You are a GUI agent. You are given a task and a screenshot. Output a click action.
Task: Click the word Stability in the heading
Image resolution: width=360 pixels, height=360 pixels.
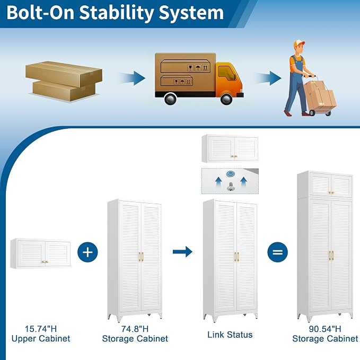pos(117,13)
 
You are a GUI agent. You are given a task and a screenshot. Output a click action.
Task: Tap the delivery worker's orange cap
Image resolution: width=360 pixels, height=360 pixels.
pos(299,43)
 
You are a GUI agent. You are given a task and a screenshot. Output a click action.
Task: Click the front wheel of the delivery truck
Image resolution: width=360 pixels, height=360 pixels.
pos(226,99)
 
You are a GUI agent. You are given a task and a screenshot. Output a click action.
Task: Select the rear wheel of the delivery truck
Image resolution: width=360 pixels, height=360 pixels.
pos(170,99)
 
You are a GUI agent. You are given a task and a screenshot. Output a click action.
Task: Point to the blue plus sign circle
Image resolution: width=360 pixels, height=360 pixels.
pos(87,252)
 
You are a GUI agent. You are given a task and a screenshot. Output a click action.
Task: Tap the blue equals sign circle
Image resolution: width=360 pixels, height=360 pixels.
pos(278,252)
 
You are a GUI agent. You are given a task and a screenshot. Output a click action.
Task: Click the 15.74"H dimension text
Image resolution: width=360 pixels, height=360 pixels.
pos(41,329)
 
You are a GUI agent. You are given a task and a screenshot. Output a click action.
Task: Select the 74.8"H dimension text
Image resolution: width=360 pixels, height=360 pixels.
pos(135,329)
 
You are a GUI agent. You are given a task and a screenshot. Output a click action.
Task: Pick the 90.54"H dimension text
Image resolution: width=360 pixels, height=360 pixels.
pos(325,329)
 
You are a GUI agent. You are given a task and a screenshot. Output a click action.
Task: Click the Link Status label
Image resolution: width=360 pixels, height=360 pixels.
pos(230,335)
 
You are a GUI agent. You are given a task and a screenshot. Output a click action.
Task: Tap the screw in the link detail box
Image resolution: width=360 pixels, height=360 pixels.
pos(231,187)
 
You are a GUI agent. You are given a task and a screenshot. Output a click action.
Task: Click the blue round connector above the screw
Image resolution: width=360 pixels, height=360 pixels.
pos(230,174)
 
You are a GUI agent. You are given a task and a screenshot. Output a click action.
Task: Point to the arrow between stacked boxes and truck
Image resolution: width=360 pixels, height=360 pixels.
pos(133,78)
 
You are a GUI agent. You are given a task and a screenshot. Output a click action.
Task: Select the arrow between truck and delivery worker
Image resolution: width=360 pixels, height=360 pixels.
pos(268,78)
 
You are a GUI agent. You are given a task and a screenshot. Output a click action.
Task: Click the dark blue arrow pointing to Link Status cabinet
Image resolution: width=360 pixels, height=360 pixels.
pos(182,252)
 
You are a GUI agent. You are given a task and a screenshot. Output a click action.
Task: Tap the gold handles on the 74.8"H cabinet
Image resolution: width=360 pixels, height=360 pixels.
pos(141,257)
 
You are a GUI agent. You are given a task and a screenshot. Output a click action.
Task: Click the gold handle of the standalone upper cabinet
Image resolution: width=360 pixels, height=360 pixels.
pos(45,261)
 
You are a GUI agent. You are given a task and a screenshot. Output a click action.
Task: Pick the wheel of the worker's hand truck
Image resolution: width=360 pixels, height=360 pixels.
pos(312,112)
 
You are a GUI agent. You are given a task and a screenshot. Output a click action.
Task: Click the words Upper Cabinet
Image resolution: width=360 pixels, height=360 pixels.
pos(41,338)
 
